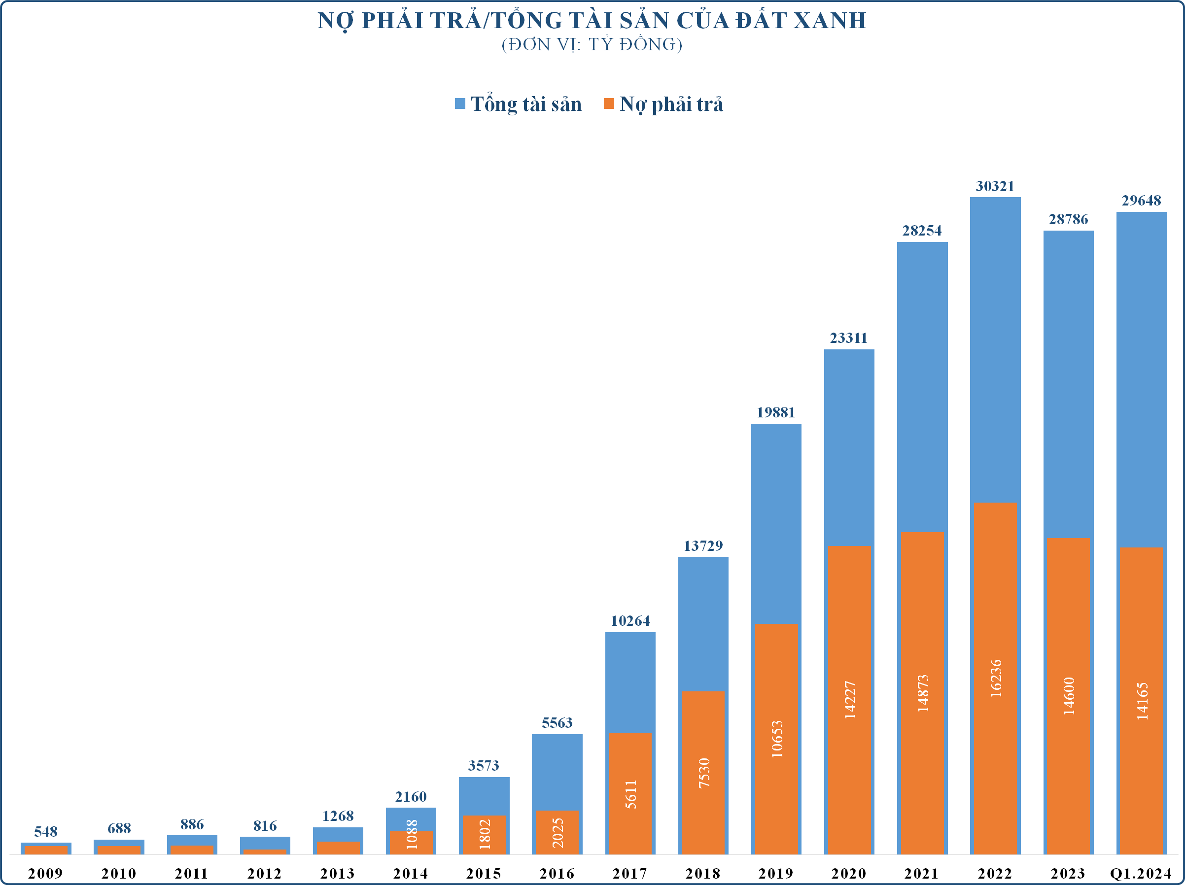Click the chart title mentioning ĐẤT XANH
click(592, 20)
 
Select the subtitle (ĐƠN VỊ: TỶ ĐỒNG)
click(592, 44)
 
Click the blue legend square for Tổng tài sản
click(459, 103)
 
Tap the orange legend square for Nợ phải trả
click(609, 103)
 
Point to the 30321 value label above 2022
click(995, 186)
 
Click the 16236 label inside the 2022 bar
click(995, 679)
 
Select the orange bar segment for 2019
click(776, 739)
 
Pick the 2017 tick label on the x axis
click(630, 874)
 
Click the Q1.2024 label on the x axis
click(1141, 874)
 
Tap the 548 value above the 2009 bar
click(46, 831)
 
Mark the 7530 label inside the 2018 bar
click(703, 773)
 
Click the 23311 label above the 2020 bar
click(848, 339)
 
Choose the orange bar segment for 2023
click(1068, 696)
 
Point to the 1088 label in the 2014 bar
click(412, 834)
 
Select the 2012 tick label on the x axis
click(265, 874)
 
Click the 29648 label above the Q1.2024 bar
click(1141, 201)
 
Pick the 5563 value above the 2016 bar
click(557, 723)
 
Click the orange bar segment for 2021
click(922, 693)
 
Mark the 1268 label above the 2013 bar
click(338, 816)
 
